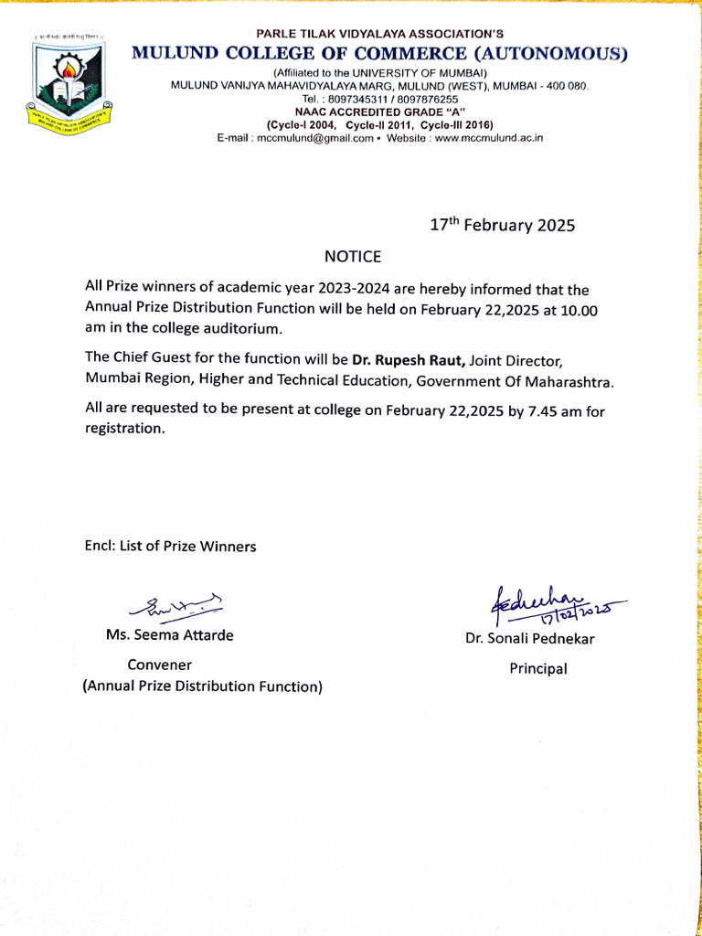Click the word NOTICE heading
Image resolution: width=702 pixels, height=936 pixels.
352,256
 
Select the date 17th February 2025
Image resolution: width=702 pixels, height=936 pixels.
502,225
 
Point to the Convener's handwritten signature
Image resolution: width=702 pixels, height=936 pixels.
177,604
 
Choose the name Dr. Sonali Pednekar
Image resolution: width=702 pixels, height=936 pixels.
529,639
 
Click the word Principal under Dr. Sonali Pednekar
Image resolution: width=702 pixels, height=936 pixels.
537,669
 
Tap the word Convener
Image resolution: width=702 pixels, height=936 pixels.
159,665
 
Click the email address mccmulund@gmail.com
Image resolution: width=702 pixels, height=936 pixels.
314,138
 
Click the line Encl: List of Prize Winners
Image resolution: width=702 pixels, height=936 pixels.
170,547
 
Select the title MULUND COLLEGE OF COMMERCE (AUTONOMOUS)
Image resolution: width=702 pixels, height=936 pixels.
380,53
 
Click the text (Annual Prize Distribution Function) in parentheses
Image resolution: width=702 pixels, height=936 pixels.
203,686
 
